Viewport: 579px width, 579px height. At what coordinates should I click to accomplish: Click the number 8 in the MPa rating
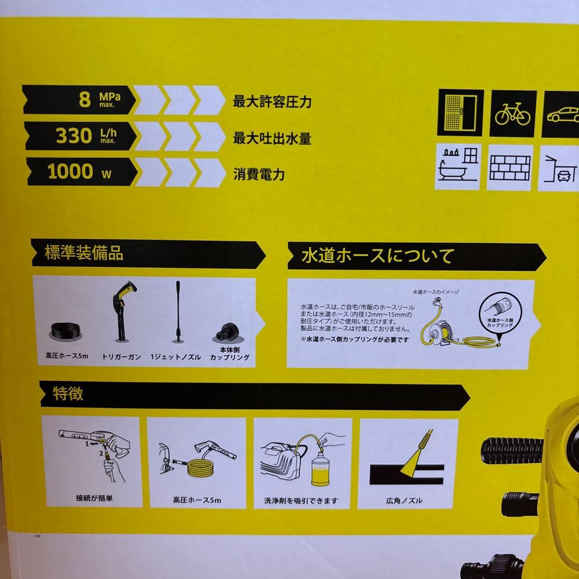pyautogui.click(x=85, y=100)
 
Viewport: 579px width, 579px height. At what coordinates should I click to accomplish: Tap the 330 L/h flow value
pyautogui.click(x=74, y=136)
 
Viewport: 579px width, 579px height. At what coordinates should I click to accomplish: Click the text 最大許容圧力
pyautogui.click(x=272, y=102)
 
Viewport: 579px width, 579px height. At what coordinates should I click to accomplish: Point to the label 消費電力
pyautogui.click(x=258, y=174)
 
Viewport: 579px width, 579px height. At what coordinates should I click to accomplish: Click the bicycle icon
pyautogui.click(x=512, y=113)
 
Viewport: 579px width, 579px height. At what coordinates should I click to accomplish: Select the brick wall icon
pyautogui.click(x=509, y=167)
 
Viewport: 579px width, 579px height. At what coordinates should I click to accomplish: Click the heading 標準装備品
pyautogui.click(x=85, y=254)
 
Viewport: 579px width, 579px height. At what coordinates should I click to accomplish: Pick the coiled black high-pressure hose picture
pyautogui.click(x=66, y=331)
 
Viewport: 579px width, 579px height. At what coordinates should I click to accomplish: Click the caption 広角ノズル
pyautogui.click(x=404, y=501)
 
